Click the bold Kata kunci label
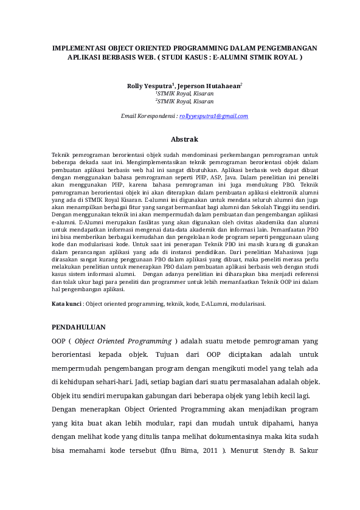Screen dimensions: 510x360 (x=66, y=303)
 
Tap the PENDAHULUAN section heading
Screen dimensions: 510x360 (x=78, y=326)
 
